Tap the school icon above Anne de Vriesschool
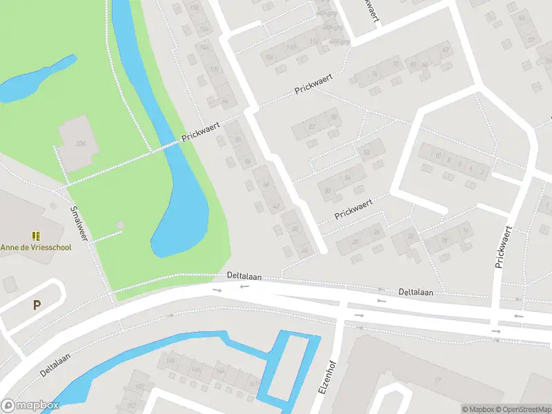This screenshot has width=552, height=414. [36, 236]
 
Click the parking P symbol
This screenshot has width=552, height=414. [37, 304]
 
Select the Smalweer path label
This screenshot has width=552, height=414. [81, 223]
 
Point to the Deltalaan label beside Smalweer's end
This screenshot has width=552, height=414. [244, 275]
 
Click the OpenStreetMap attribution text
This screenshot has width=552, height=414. [522, 409]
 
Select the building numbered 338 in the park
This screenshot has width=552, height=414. [80, 144]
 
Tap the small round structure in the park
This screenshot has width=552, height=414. [121, 225]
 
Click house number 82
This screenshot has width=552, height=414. [312, 127]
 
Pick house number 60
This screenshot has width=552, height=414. [328, 190]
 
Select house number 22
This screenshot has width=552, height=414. [411, 237]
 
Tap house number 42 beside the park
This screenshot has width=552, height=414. [277, 206]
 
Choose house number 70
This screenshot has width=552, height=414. [395, 65]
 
